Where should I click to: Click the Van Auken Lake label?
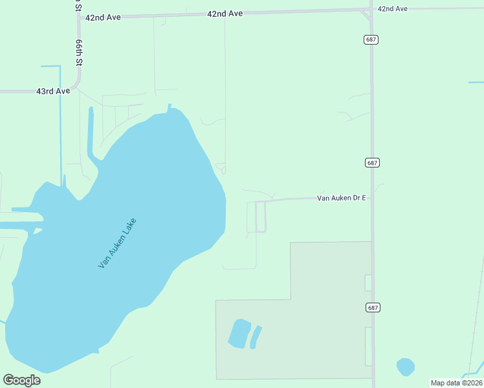tap(118, 244)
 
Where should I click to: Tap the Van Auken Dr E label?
tap(342, 198)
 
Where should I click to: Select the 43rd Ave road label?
tap(53, 92)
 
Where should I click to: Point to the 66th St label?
tap(79, 51)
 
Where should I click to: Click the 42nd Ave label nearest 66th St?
tap(103, 17)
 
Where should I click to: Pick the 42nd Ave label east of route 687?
tap(393, 8)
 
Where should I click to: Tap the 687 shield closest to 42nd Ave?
tap(371, 39)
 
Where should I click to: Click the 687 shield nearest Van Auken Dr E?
tap(371, 163)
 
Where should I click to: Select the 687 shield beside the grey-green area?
tap(371, 308)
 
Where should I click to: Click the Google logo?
tap(22, 380)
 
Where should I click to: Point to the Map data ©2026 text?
tap(456, 383)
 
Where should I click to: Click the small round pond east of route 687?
tap(406, 367)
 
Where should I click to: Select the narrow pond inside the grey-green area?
tap(256, 336)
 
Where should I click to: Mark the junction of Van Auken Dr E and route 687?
tap(372, 197)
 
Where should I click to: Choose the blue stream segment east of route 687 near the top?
tap(476, 83)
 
